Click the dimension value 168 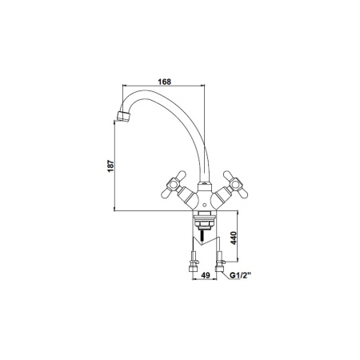pos(165,82)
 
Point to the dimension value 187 pos(110,166)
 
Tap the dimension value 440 pos(234,238)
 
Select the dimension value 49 pos(206,275)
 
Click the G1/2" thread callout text pos(241,275)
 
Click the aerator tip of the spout pos(123,116)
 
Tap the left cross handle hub pos(174,184)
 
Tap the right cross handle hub pos(236,184)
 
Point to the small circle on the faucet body pos(205,206)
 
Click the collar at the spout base pos(205,186)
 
